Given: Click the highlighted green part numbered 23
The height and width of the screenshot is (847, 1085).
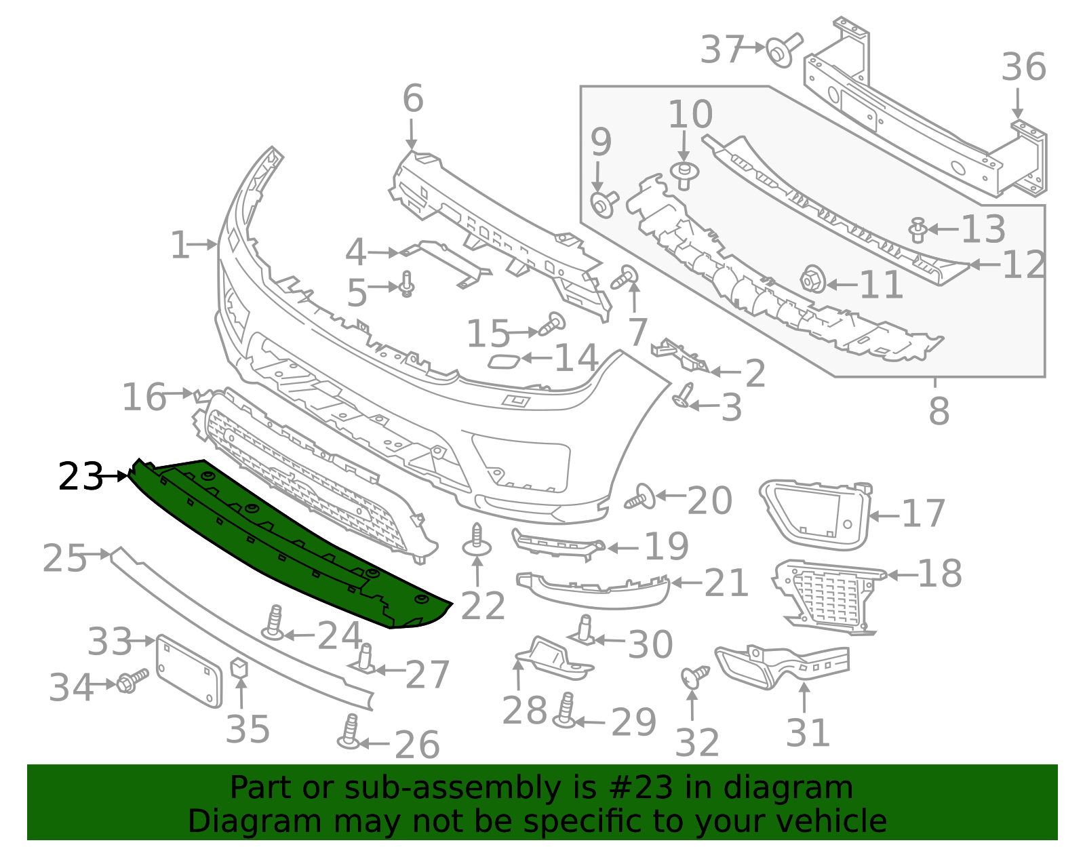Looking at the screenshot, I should [285, 543].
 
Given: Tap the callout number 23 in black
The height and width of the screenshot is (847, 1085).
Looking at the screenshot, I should [80, 476].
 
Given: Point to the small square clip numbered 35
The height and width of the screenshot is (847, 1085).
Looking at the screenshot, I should [240, 667].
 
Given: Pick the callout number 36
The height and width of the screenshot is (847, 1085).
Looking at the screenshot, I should [1023, 67].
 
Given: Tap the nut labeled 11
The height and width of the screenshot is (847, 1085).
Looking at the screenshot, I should [813, 279].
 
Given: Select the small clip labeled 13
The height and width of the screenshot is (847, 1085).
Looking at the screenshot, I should [918, 229].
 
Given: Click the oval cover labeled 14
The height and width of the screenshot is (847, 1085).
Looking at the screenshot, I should [505, 360].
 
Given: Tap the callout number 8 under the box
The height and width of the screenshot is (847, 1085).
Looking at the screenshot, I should [939, 411].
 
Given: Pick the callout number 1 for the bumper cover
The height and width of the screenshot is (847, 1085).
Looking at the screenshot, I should [180, 245].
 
